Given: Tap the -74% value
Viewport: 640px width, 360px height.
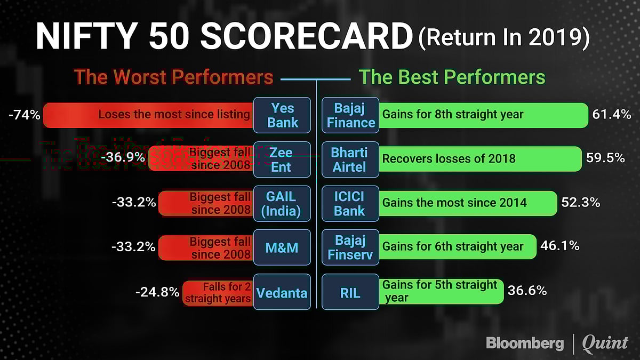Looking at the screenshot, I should coord(25,114).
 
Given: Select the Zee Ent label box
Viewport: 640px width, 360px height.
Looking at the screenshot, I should coord(282,159).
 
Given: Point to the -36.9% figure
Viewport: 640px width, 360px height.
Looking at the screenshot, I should coord(127,158).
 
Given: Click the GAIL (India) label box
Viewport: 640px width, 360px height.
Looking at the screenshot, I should coord(282,203).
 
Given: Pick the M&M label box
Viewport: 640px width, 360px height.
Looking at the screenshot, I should coord(282,247).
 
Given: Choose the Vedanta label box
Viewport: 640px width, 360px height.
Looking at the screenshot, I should coord(282,292).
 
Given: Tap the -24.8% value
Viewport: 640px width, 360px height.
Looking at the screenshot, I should coord(157,292).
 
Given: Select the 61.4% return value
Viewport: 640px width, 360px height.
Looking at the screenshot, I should coord(612,114).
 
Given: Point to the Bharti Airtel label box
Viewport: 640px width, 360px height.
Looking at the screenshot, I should coord(349,159).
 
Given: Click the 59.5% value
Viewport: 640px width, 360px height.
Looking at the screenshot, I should coord(604,158).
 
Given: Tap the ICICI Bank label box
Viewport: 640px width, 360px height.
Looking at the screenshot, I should coord(349,203).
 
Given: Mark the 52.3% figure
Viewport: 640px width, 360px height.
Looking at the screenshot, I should coord(580,203).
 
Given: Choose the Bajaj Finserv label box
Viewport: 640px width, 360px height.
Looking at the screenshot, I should coord(350,247).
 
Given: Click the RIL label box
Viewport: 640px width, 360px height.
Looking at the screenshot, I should coord(349,292).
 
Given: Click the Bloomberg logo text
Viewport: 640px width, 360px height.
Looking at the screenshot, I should coord(525,343).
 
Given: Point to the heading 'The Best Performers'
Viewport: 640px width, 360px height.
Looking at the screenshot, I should coord(452,77).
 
